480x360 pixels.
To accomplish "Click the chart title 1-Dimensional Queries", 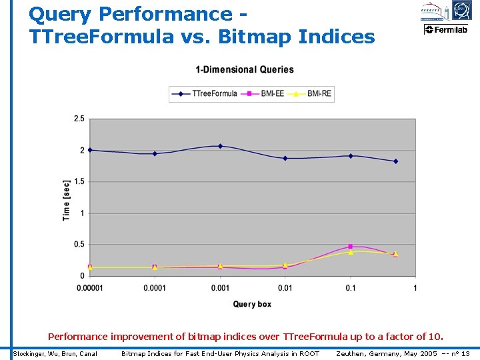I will point(244,70).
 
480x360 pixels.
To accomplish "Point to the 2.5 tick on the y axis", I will point(79,119).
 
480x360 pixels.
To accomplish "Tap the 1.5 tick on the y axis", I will point(79,181).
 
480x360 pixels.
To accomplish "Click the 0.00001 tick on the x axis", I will point(89,288).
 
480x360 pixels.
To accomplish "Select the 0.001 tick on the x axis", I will point(220,288).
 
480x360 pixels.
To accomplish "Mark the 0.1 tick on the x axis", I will point(351,288).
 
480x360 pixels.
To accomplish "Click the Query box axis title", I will point(252,305).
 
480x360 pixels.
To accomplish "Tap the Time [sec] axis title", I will point(67,200).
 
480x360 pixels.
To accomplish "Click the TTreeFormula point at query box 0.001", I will point(220,146).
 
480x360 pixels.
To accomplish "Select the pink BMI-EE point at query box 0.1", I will point(351,247).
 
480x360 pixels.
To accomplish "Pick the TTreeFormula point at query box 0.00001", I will point(90,150).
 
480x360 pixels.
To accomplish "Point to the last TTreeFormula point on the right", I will point(395,161).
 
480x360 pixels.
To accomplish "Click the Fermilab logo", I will point(446,29).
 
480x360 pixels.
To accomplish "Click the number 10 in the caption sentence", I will point(434,337).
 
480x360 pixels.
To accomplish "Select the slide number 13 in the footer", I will point(465,353).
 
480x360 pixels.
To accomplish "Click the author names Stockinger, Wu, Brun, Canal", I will point(55,353).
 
